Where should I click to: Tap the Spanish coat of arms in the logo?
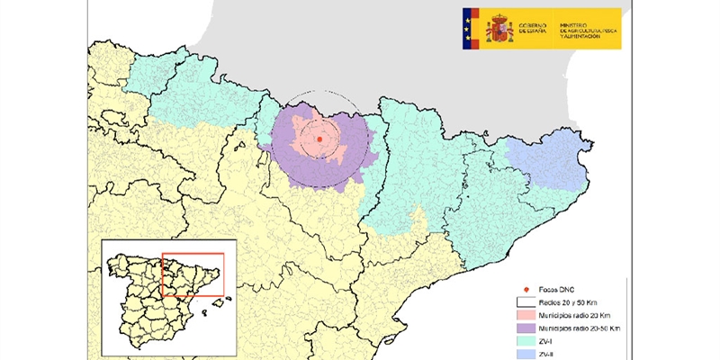click(x=499, y=28)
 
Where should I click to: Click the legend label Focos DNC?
click(x=557, y=290)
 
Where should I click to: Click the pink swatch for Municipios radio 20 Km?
click(x=526, y=316)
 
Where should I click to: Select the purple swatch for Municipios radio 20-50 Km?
click(x=526, y=329)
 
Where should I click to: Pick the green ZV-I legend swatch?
click(x=526, y=343)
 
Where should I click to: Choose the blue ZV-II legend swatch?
click(x=526, y=355)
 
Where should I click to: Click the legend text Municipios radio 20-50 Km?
click(x=581, y=329)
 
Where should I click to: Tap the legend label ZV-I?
click(x=548, y=343)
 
